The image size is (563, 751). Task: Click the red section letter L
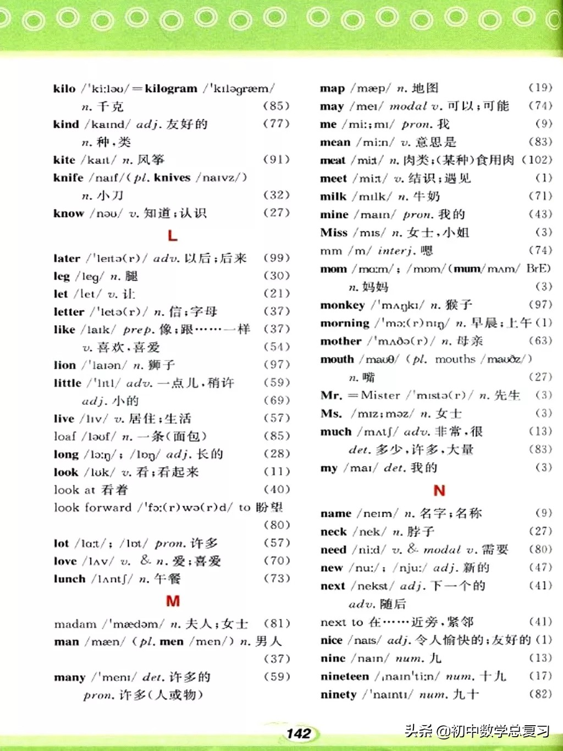pos(172,236)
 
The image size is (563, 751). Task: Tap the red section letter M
pos(173,601)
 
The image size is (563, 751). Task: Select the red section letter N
pos(439,490)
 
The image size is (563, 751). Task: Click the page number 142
pos(299,733)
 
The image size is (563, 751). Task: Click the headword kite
pos(64,160)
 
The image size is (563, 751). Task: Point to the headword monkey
pos(342,305)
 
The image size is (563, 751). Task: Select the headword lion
pos(65,365)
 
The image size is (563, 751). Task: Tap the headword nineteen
pos(344,676)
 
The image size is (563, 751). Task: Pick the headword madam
pos(75,624)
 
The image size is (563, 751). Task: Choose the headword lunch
pos(69,579)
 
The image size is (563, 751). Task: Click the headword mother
pos(341,341)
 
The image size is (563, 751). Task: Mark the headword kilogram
pos(170,89)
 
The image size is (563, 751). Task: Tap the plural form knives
pos(172,177)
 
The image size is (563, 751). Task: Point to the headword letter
pos(69,311)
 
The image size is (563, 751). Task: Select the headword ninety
pos(339,694)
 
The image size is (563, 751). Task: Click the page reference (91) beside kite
pos(276,159)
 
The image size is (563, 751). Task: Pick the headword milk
pos(333,196)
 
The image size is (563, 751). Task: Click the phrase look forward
pos(92,507)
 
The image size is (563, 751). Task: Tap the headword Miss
pos(334,232)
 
